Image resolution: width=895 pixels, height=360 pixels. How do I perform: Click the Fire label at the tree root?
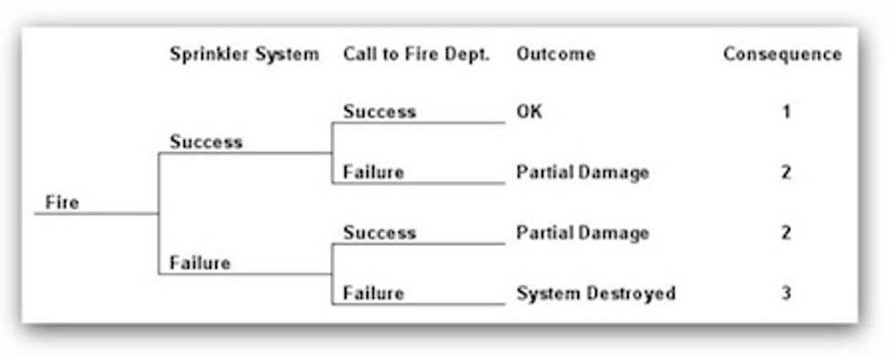point(62,203)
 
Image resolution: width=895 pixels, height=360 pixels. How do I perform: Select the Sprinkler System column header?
point(244,55)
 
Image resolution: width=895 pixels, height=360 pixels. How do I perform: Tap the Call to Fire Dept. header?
point(416,55)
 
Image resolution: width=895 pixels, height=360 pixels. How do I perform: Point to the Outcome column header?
point(555,55)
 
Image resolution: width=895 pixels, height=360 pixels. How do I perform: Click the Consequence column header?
point(782,55)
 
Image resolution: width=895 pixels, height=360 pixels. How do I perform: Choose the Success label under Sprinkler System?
point(206,143)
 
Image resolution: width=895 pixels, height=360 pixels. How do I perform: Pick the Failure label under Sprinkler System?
point(200,264)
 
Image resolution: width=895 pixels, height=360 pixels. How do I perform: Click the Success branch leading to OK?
point(379,112)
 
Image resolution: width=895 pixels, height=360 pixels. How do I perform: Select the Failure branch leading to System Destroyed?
point(374,294)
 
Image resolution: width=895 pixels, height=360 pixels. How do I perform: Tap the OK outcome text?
point(529,112)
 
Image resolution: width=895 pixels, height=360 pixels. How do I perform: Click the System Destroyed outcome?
point(595,294)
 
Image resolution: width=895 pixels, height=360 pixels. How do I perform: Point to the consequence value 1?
point(785,112)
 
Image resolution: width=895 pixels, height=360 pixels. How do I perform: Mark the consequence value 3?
point(785,294)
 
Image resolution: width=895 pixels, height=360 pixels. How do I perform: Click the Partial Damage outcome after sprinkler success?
point(582,173)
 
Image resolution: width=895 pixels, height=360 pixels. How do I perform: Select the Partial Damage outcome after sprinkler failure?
point(582,233)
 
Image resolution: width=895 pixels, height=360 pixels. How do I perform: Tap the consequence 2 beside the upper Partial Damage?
point(785,173)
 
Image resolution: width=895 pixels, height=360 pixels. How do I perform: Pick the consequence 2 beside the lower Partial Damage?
point(785,233)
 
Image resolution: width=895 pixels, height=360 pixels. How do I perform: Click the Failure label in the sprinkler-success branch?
point(374,173)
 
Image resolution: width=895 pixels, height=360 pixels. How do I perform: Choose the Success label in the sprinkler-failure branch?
point(379,233)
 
